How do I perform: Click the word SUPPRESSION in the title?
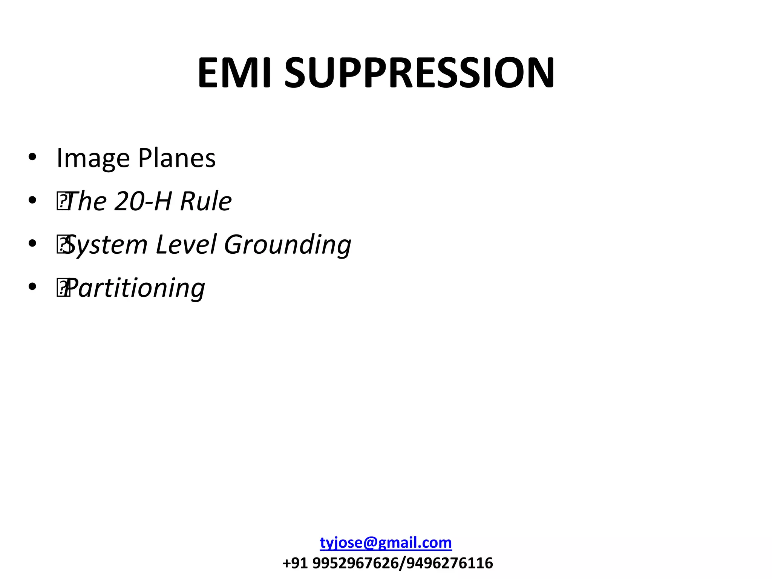click(419, 73)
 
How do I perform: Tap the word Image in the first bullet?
click(93, 158)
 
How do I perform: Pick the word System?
click(106, 245)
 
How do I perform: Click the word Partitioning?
click(136, 288)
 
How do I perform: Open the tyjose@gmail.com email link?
click(386, 543)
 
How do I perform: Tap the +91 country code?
click(296, 563)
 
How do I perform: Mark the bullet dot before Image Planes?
click(32, 157)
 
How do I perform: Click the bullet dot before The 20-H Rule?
click(32, 200)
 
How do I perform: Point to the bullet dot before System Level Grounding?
click(32, 244)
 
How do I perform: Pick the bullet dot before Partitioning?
click(32, 287)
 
